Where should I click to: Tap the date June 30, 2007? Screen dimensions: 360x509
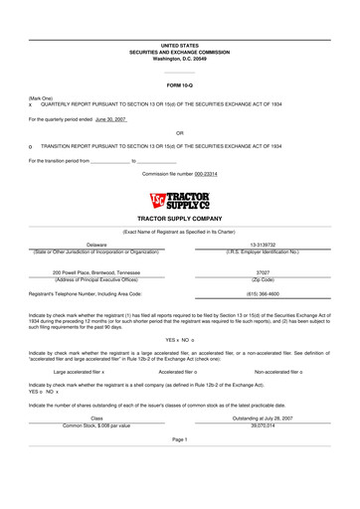coord(111,118)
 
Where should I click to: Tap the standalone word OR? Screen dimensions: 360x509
coord(179,132)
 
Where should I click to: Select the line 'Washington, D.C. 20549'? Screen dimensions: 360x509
coord(180,59)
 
